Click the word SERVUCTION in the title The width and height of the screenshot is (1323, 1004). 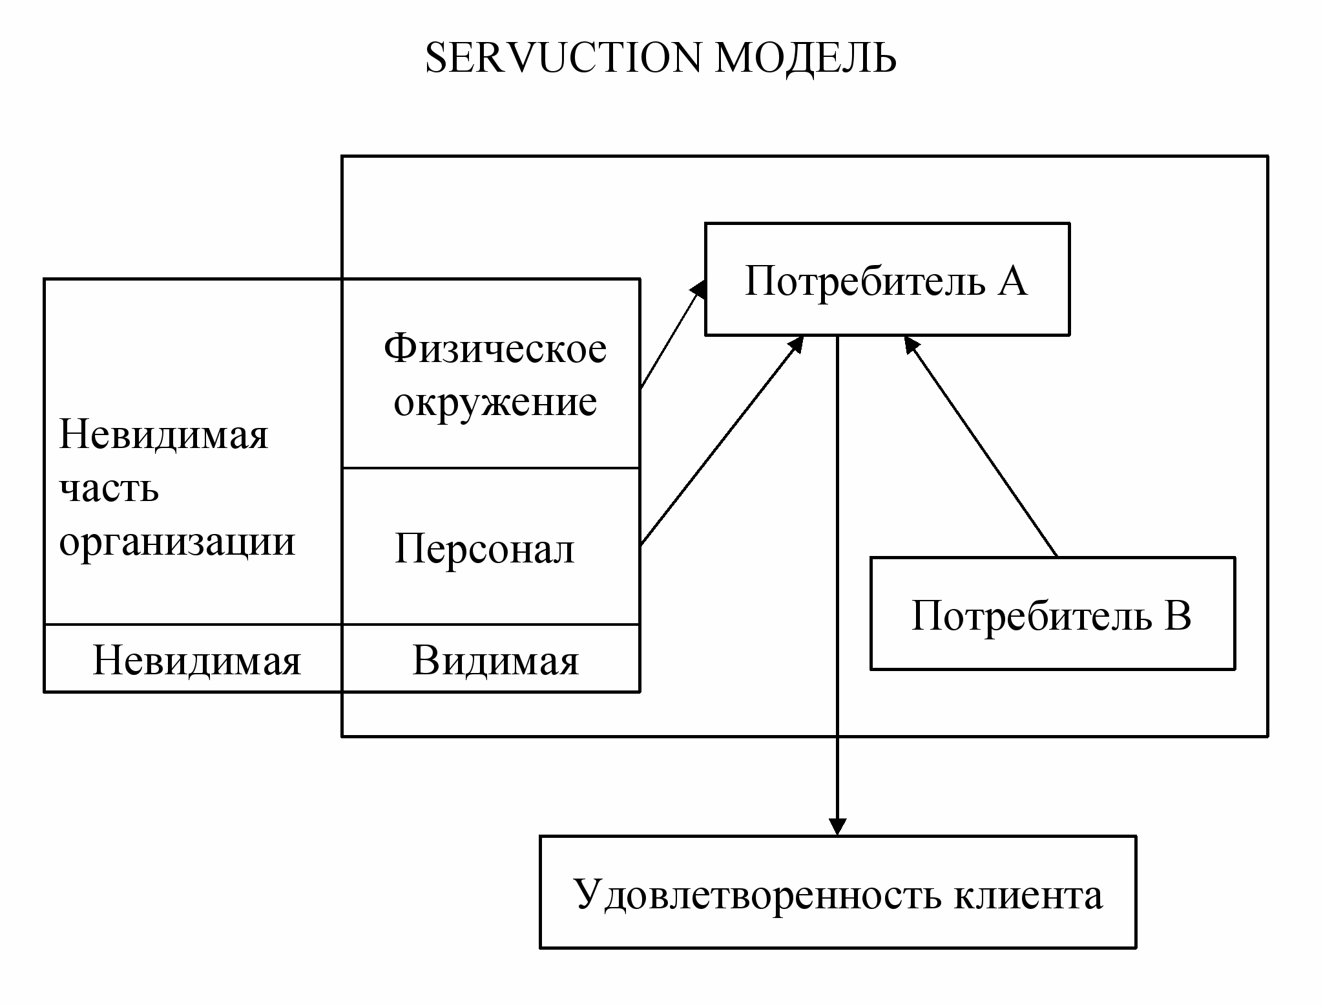tap(562, 58)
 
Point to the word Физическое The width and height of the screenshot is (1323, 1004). tap(495, 349)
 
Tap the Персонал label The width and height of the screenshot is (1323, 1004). tap(484, 550)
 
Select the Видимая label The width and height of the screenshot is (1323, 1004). tap(495, 661)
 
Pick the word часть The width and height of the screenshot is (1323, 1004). tap(109, 488)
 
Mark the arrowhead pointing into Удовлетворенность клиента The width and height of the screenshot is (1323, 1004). tap(837, 827)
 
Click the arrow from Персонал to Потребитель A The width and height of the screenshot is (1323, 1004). tap(722, 441)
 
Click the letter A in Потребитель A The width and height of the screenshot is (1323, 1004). tap(1012, 281)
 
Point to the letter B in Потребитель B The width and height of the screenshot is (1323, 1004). tap(1178, 615)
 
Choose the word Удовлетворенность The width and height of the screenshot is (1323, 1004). tap(757, 895)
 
